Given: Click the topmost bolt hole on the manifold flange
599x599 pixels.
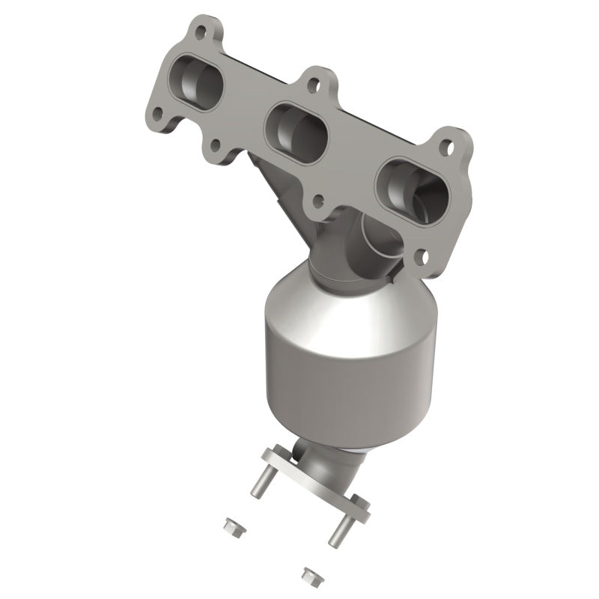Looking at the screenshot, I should point(201,31).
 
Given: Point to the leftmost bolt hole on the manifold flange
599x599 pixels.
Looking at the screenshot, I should point(159,114).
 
